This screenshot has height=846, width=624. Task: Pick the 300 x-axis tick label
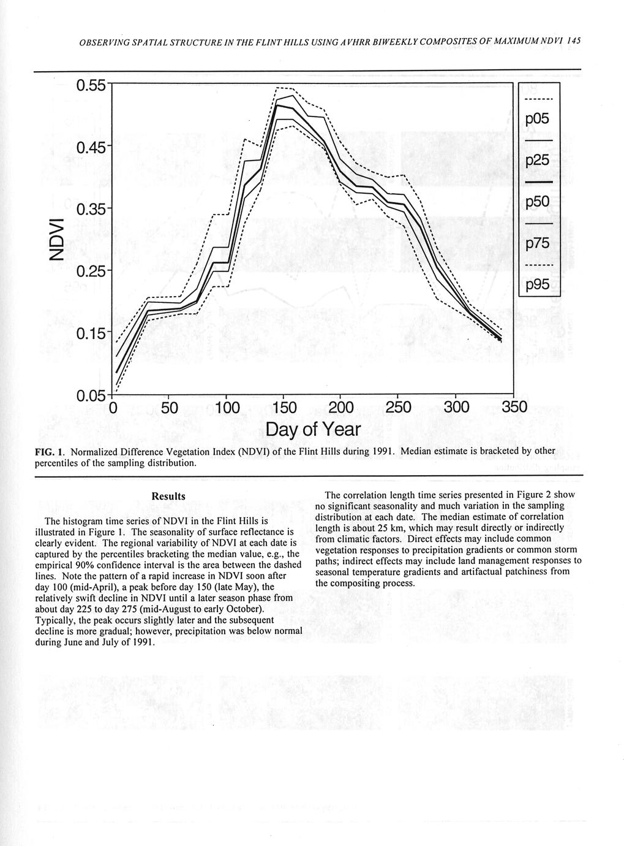click(x=456, y=408)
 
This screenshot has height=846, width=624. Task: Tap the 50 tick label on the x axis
click(x=167, y=408)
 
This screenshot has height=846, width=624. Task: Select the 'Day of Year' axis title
click(x=313, y=430)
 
